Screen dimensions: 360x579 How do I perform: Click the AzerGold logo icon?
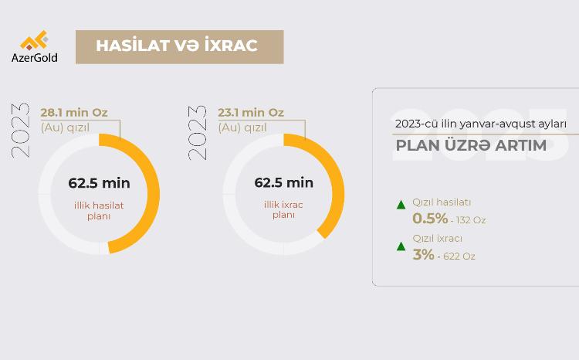[x=34, y=41]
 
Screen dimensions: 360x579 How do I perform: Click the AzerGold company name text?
[x=34, y=57]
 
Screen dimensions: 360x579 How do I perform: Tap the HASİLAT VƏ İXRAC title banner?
[x=179, y=46]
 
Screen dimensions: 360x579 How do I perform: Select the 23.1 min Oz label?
[x=251, y=113]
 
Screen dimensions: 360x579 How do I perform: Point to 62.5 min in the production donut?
[x=99, y=183]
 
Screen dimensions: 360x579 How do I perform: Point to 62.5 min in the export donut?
[x=284, y=183]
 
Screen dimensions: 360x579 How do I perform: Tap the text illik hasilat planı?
[x=99, y=210]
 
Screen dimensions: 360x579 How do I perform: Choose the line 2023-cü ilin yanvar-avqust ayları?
[x=481, y=124]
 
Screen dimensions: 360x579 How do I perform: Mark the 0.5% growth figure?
[x=430, y=218]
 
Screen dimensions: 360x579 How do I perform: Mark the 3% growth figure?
[x=423, y=253]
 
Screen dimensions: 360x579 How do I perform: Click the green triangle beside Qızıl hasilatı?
[x=401, y=205]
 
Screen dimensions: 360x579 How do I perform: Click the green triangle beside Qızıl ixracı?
[x=401, y=246]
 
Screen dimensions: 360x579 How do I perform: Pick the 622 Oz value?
[x=459, y=256]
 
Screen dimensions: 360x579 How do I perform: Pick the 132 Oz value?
[x=471, y=220]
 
